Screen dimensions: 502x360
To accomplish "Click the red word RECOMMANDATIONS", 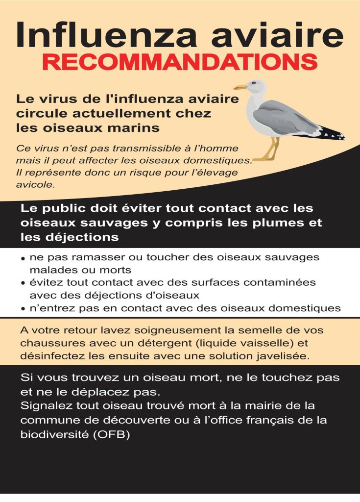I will (180, 61).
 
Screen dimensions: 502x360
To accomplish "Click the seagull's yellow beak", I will (240, 87).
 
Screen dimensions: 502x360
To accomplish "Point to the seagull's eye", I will (253, 84).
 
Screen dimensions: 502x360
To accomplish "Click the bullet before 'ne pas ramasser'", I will (23, 258).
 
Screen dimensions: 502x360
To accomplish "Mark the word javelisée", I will (284, 356).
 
